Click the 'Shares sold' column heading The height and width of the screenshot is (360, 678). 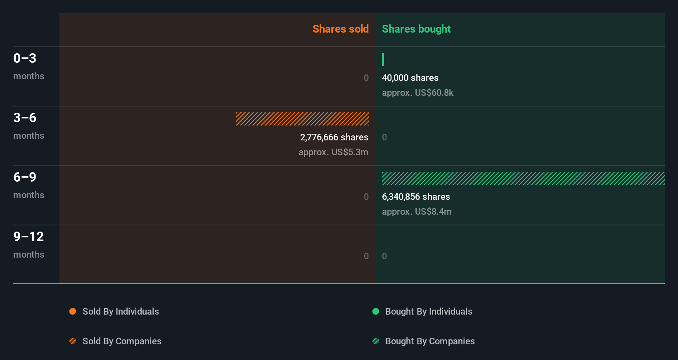click(340, 29)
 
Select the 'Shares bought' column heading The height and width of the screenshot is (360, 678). click(416, 29)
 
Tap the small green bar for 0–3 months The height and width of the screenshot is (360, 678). click(383, 59)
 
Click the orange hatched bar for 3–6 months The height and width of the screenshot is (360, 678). click(302, 119)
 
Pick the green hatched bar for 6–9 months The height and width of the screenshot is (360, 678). click(523, 178)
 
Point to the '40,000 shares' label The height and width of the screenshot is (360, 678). click(410, 78)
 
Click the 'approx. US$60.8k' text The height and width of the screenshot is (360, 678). click(417, 92)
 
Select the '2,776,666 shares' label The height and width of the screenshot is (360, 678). click(334, 137)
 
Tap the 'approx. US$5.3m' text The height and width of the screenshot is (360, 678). click(333, 152)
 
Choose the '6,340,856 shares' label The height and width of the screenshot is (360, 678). click(416, 197)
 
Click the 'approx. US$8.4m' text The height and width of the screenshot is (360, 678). click(417, 211)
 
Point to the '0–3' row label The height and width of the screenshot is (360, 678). click(25, 58)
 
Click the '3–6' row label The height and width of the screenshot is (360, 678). click(25, 118)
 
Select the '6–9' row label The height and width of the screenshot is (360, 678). click(25, 177)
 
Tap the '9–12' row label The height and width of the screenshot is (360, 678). click(28, 237)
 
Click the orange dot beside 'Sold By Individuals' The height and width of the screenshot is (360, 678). click(73, 311)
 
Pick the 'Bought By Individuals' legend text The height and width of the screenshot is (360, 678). click(429, 311)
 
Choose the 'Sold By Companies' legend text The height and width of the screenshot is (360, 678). click(122, 341)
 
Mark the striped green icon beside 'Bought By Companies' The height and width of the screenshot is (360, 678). click(376, 341)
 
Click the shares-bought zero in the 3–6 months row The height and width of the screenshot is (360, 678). click(384, 137)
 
